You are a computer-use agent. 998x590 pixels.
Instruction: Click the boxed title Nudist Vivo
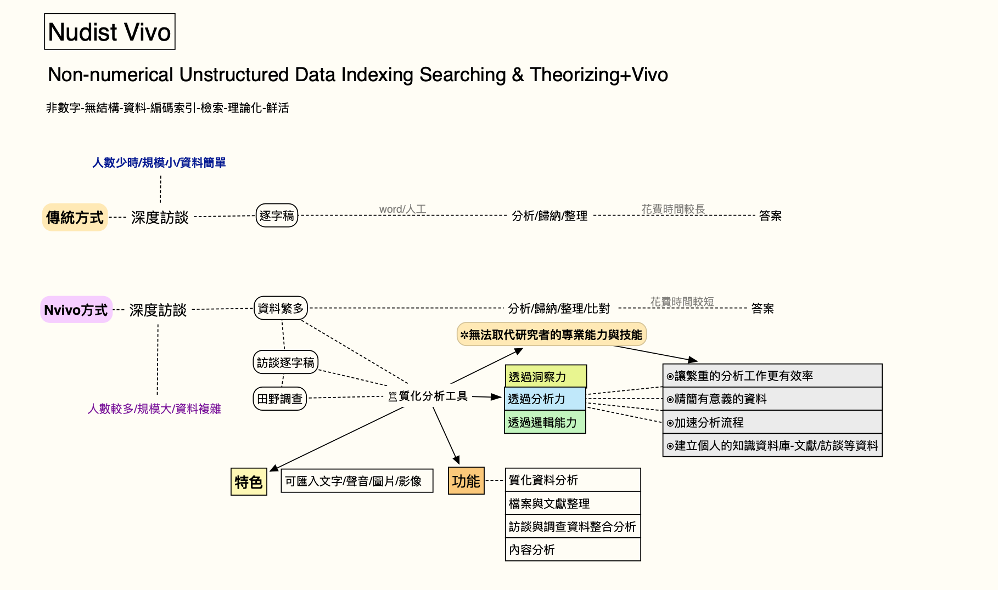(110, 32)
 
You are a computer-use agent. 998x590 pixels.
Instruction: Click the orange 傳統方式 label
(75, 218)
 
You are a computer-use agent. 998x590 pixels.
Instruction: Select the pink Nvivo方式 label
(76, 310)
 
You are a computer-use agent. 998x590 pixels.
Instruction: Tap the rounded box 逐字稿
(277, 215)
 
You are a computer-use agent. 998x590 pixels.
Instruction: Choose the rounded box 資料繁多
(281, 308)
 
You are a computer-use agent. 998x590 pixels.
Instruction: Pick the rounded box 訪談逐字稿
(285, 362)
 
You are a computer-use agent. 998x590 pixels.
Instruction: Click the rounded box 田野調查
(279, 399)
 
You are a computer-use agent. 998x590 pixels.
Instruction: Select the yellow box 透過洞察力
(545, 377)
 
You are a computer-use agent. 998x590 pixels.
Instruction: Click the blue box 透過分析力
(545, 399)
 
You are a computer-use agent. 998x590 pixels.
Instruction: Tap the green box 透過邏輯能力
(545, 422)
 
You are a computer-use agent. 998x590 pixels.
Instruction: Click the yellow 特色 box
(249, 482)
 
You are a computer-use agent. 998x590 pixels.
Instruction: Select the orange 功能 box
(466, 481)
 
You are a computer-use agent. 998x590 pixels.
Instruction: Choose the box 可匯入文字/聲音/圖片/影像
(357, 481)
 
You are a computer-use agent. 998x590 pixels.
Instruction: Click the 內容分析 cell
(573, 549)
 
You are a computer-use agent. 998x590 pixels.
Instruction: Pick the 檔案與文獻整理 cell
(573, 503)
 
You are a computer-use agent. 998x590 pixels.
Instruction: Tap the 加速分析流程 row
(772, 422)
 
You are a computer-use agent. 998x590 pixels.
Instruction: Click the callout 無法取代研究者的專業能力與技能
(552, 334)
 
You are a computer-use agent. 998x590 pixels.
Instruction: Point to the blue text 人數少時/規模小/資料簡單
(159, 162)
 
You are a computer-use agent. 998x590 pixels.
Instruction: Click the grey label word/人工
(402, 209)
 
